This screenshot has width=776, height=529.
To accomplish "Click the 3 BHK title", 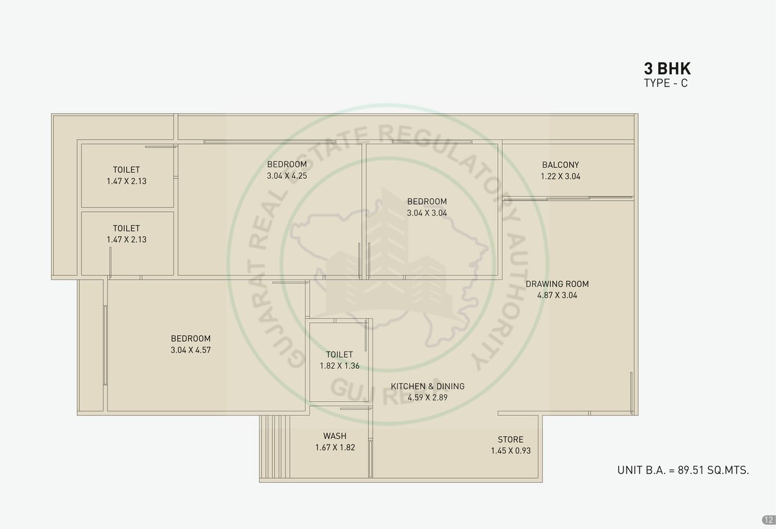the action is (667, 68).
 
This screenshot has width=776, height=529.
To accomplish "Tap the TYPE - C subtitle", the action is (666, 83).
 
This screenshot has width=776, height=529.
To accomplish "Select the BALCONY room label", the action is (561, 165).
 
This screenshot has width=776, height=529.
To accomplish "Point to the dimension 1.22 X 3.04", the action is (561, 176).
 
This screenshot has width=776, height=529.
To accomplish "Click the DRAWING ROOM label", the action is (557, 284).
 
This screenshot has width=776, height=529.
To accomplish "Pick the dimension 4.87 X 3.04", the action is (557, 295).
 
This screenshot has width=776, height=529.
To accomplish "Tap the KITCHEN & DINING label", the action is (427, 386).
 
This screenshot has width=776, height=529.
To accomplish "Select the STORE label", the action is (511, 439).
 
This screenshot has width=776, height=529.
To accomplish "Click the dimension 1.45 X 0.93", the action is (511, 451).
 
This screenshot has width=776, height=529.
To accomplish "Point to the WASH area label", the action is (335, 436).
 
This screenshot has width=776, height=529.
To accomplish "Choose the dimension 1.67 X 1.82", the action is (335, 448).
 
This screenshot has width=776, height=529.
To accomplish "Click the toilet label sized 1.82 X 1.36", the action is (339, 355).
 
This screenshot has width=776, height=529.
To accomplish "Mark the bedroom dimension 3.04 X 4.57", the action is (191, 350).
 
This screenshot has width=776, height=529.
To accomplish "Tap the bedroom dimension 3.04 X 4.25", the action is (287, 176).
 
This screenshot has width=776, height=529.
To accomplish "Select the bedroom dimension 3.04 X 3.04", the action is (427, 213).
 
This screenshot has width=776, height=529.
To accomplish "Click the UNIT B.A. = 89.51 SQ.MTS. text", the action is (683, 470).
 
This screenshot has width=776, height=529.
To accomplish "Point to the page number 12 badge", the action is (768, 520).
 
